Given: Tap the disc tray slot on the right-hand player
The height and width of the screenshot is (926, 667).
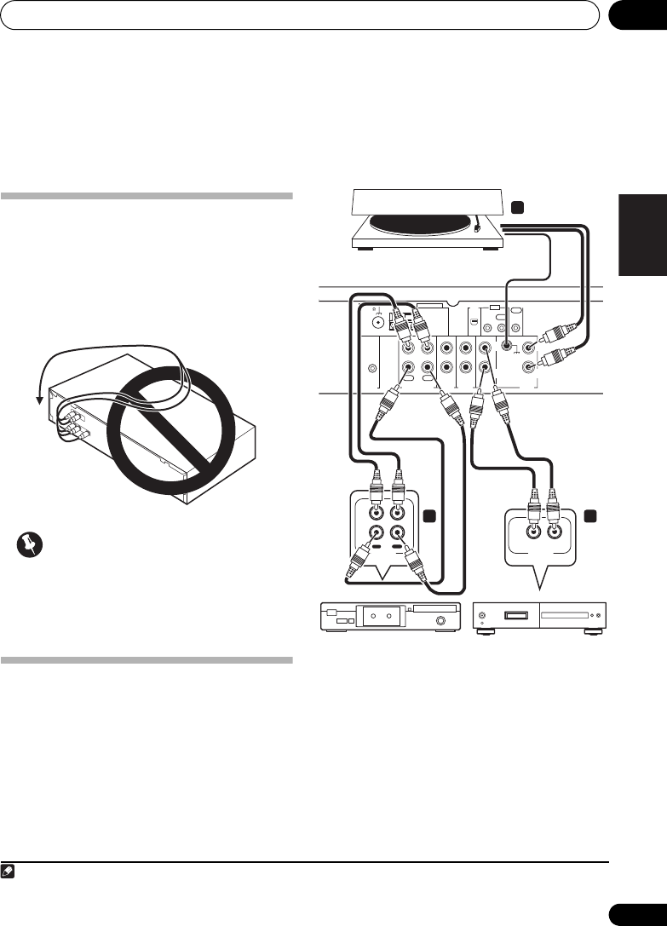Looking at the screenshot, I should pyautogui.click(x=566, y=614).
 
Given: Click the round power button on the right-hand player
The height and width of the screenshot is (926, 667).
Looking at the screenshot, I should pyautogui.click(x=484, y=616).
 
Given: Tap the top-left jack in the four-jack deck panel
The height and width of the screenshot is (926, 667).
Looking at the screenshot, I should pyautogui.click(x=374, y=514).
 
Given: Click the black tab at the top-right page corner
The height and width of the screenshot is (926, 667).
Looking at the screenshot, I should pyautogui.click(x=636, y=14).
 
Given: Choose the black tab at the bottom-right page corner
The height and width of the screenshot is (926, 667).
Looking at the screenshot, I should pyautogui.click(x=636, y=912).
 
